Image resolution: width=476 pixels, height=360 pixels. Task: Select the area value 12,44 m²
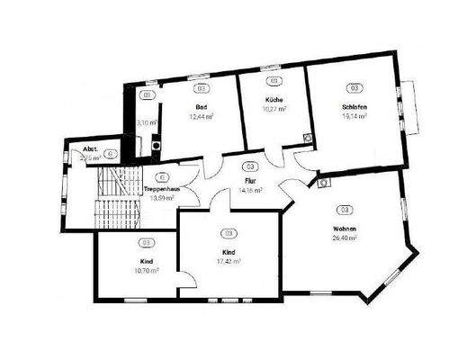click(x=201, y=117)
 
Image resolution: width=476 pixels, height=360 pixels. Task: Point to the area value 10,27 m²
click(x=274, y=109)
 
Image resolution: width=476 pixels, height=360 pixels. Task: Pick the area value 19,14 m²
click(x=355, y=117)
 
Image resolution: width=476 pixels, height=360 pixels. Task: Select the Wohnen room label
click(x=345, y=229)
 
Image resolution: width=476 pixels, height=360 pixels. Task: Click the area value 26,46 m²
click(x=345, y=238)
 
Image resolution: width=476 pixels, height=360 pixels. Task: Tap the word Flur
click(x=250, y=181)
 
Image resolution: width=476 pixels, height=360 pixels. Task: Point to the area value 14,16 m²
click(x=250, y=191)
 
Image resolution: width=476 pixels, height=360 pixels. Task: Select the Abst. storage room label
click(x=90, y=148)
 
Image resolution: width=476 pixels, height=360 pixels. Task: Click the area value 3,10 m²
click(x=147, y=122)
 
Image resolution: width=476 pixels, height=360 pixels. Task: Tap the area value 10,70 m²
click(x=146, y=269)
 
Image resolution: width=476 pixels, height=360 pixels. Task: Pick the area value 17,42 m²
click(x=229, y=262)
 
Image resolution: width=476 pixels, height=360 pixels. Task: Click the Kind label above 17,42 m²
click(x=229, y=252)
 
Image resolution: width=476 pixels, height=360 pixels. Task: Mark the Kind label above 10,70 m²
click(x=146, y=260)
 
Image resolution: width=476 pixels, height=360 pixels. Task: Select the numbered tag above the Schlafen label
click(x=355, y=88)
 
